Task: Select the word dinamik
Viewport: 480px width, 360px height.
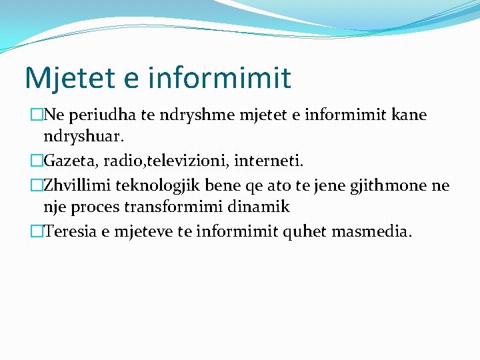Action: [263, 207]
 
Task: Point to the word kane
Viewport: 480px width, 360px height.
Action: [407, 115]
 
